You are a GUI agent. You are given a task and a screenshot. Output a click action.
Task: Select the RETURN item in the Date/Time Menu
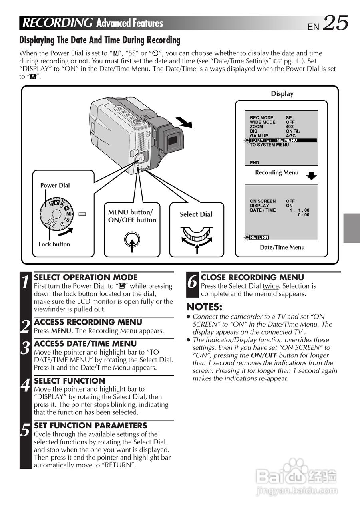click(x=259, y=237)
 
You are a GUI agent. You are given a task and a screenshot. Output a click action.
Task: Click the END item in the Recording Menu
click(x=255, y=163)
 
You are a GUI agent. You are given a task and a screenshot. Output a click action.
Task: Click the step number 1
click(x=25, y=282)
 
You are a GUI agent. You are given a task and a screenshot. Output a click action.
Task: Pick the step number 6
click(x=193, y=282)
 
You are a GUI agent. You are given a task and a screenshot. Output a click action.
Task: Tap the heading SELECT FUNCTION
click(x=70, y=381)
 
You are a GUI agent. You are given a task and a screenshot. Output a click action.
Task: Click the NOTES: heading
click(x=204, y=307)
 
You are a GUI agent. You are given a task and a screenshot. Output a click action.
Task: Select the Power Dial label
click(x=55, y=185)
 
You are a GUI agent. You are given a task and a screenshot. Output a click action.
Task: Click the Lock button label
click(x=54, y=244)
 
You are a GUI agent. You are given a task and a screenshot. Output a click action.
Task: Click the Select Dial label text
click(x=196, y=214)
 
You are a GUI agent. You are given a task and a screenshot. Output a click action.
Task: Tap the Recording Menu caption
click(x=276, y=172)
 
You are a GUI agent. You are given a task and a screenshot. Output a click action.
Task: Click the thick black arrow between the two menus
click(x=311, y=176)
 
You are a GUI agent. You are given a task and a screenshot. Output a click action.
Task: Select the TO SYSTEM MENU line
click(x=269, y=145)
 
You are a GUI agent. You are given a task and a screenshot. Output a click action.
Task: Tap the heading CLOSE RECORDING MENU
click(x=252, y=277)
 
